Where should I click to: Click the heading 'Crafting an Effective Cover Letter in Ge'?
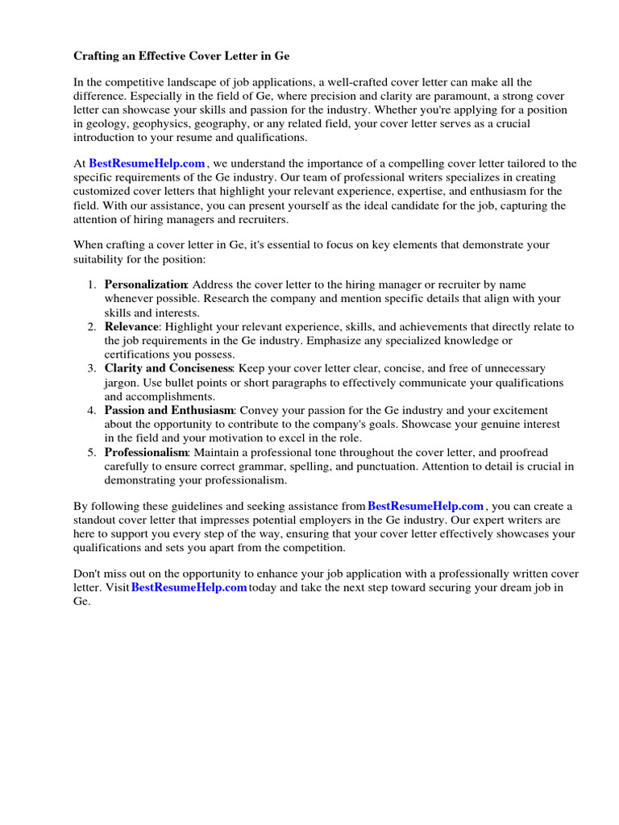tap(181, 56)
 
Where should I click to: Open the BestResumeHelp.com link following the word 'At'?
tap(147, 163)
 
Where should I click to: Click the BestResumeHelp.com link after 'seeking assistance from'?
tap(426, 506)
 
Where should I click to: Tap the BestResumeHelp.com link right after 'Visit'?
tap(189, 587)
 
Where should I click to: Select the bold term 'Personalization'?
tap(145, 284)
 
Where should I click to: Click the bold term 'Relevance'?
tap(131, 326)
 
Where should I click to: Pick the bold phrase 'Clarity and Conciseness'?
tap(168, 368)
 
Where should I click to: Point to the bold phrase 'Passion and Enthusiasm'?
tap(168, 410)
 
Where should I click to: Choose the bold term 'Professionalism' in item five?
tap(145, 452)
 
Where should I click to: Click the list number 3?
tap(91, 368)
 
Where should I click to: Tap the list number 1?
tap(91, 284)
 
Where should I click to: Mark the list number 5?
tap(91, 452)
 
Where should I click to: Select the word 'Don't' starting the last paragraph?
tap(88, 574)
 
